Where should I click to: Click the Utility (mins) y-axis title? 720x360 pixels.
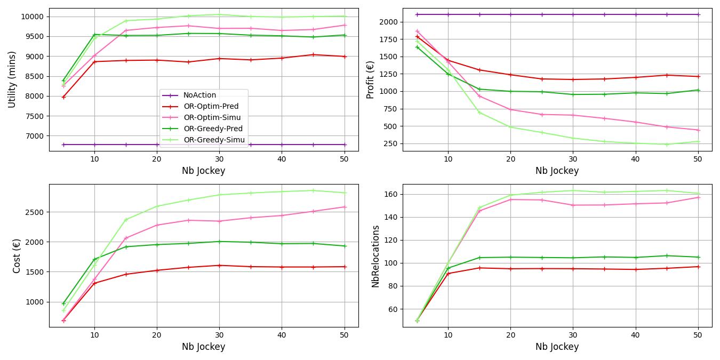coord(12,79)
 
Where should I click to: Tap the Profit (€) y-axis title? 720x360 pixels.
coord(370,79)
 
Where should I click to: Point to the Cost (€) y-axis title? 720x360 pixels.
coord(17,256)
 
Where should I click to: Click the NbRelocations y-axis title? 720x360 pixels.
coord(375,256)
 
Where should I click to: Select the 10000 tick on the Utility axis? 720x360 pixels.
coord(33,17)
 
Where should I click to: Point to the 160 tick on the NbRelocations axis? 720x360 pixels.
coord(391,194)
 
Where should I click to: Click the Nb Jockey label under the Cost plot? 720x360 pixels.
coord(203,347)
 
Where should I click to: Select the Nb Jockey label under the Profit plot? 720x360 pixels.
coord(557,171)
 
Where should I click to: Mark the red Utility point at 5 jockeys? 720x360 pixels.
coord(63,97)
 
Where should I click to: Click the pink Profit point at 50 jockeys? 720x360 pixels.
coord(698,130)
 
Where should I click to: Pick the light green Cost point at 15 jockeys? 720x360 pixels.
coord(126,220)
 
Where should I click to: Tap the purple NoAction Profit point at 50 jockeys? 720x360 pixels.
coord(698,14)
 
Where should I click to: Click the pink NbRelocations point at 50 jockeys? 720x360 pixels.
coord(698,197)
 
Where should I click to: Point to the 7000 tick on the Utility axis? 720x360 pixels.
coord(35,136)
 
